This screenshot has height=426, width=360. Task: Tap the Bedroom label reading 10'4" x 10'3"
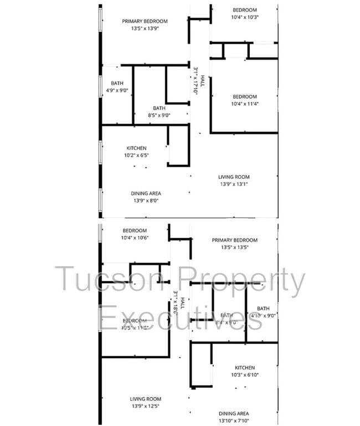244,17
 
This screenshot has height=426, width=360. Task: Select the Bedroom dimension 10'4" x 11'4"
244,104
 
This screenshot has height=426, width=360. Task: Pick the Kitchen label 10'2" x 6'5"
136,156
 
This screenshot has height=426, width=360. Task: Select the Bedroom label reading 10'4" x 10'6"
135,238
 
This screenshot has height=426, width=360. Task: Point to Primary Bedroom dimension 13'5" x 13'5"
234,247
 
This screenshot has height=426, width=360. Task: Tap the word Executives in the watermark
172,320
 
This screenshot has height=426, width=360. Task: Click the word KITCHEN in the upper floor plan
136,148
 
